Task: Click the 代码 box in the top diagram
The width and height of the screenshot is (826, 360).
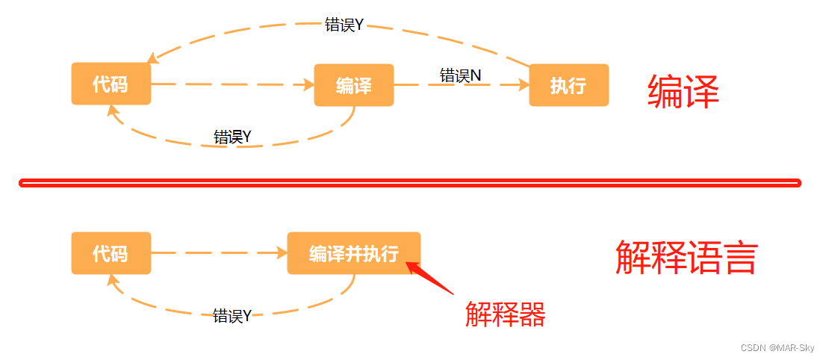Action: click(111, 84)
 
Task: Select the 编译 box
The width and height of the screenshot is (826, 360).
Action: click(353, 85)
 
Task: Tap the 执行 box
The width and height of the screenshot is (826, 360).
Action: click(568, 85)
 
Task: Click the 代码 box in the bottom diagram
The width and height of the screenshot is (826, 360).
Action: click(111, 253)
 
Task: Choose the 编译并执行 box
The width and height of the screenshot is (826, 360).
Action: click(353, 253)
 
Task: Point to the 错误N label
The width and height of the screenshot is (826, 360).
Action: click(460, 75)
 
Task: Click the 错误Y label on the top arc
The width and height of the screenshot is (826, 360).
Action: click(344, 25)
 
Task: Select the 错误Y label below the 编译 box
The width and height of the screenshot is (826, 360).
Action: click(232, 137)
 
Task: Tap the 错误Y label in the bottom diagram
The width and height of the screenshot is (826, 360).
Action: click(232, 315)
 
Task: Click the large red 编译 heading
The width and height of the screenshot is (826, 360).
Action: click(683, 93)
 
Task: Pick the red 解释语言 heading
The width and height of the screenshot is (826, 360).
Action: click(686, 258)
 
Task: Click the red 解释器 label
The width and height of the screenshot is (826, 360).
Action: click(506, 314)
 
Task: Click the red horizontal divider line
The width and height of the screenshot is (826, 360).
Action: click(409, 182)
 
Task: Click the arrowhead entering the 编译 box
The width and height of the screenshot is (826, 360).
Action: click(308, 85)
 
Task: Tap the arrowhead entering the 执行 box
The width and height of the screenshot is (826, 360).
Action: click(523, 85)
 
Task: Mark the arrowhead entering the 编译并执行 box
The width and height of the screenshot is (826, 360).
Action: click(282, 253)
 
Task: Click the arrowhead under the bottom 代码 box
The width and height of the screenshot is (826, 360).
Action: click(113, 280)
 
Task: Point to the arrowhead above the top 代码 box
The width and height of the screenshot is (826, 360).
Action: click(152, 58)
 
